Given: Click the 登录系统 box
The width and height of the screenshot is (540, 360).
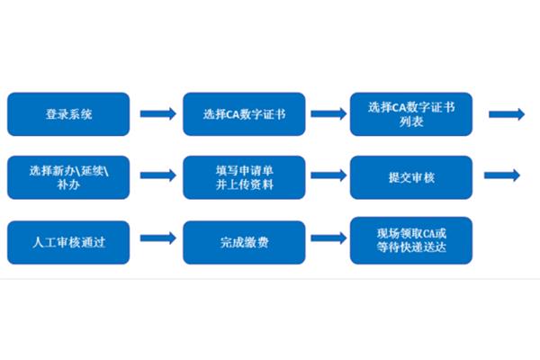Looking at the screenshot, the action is [x=68, y=114].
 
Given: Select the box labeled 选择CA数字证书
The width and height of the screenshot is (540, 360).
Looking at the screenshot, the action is [x=244, y=114].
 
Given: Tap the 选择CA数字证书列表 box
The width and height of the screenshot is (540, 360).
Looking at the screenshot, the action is [x=411, y=114].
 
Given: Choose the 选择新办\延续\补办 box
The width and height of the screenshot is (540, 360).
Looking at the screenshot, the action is [x=68, y=177].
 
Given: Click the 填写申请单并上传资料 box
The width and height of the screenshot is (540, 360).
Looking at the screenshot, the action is [x=244, y=177].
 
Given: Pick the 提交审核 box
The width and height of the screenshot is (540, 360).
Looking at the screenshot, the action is [x=411, y=177].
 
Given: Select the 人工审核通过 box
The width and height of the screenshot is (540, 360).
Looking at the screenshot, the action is [x=68, y=242].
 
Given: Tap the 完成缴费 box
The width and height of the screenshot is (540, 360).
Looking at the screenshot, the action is [x=244, y=242].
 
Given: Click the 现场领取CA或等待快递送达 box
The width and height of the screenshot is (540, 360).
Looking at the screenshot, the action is [x=411, y=240].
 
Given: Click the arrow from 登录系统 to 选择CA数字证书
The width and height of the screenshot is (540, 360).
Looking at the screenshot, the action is [x=158, y=113].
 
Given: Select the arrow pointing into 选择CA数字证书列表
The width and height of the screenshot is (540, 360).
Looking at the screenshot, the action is [x=328, y=113].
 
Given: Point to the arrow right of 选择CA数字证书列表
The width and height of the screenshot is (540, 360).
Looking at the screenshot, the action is [x=507, y=114].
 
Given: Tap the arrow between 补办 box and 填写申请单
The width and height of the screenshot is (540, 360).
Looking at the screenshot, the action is [x=158, y=175].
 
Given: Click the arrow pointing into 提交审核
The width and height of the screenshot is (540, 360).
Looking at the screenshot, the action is [x=328, y=175].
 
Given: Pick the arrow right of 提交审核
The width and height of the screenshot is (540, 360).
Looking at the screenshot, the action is [x=502, y=175].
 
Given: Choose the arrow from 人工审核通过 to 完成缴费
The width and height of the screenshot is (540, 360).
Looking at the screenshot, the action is [x=158, y=238].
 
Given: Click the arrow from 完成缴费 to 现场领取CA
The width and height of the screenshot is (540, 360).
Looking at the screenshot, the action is [x=328, y=238].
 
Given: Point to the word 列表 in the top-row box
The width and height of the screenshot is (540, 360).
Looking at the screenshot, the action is [x=411, y=121].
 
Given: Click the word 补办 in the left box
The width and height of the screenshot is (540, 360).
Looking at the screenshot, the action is [x=68, y=185].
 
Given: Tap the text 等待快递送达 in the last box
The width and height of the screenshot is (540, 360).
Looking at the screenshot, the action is [x=411, y=247].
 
